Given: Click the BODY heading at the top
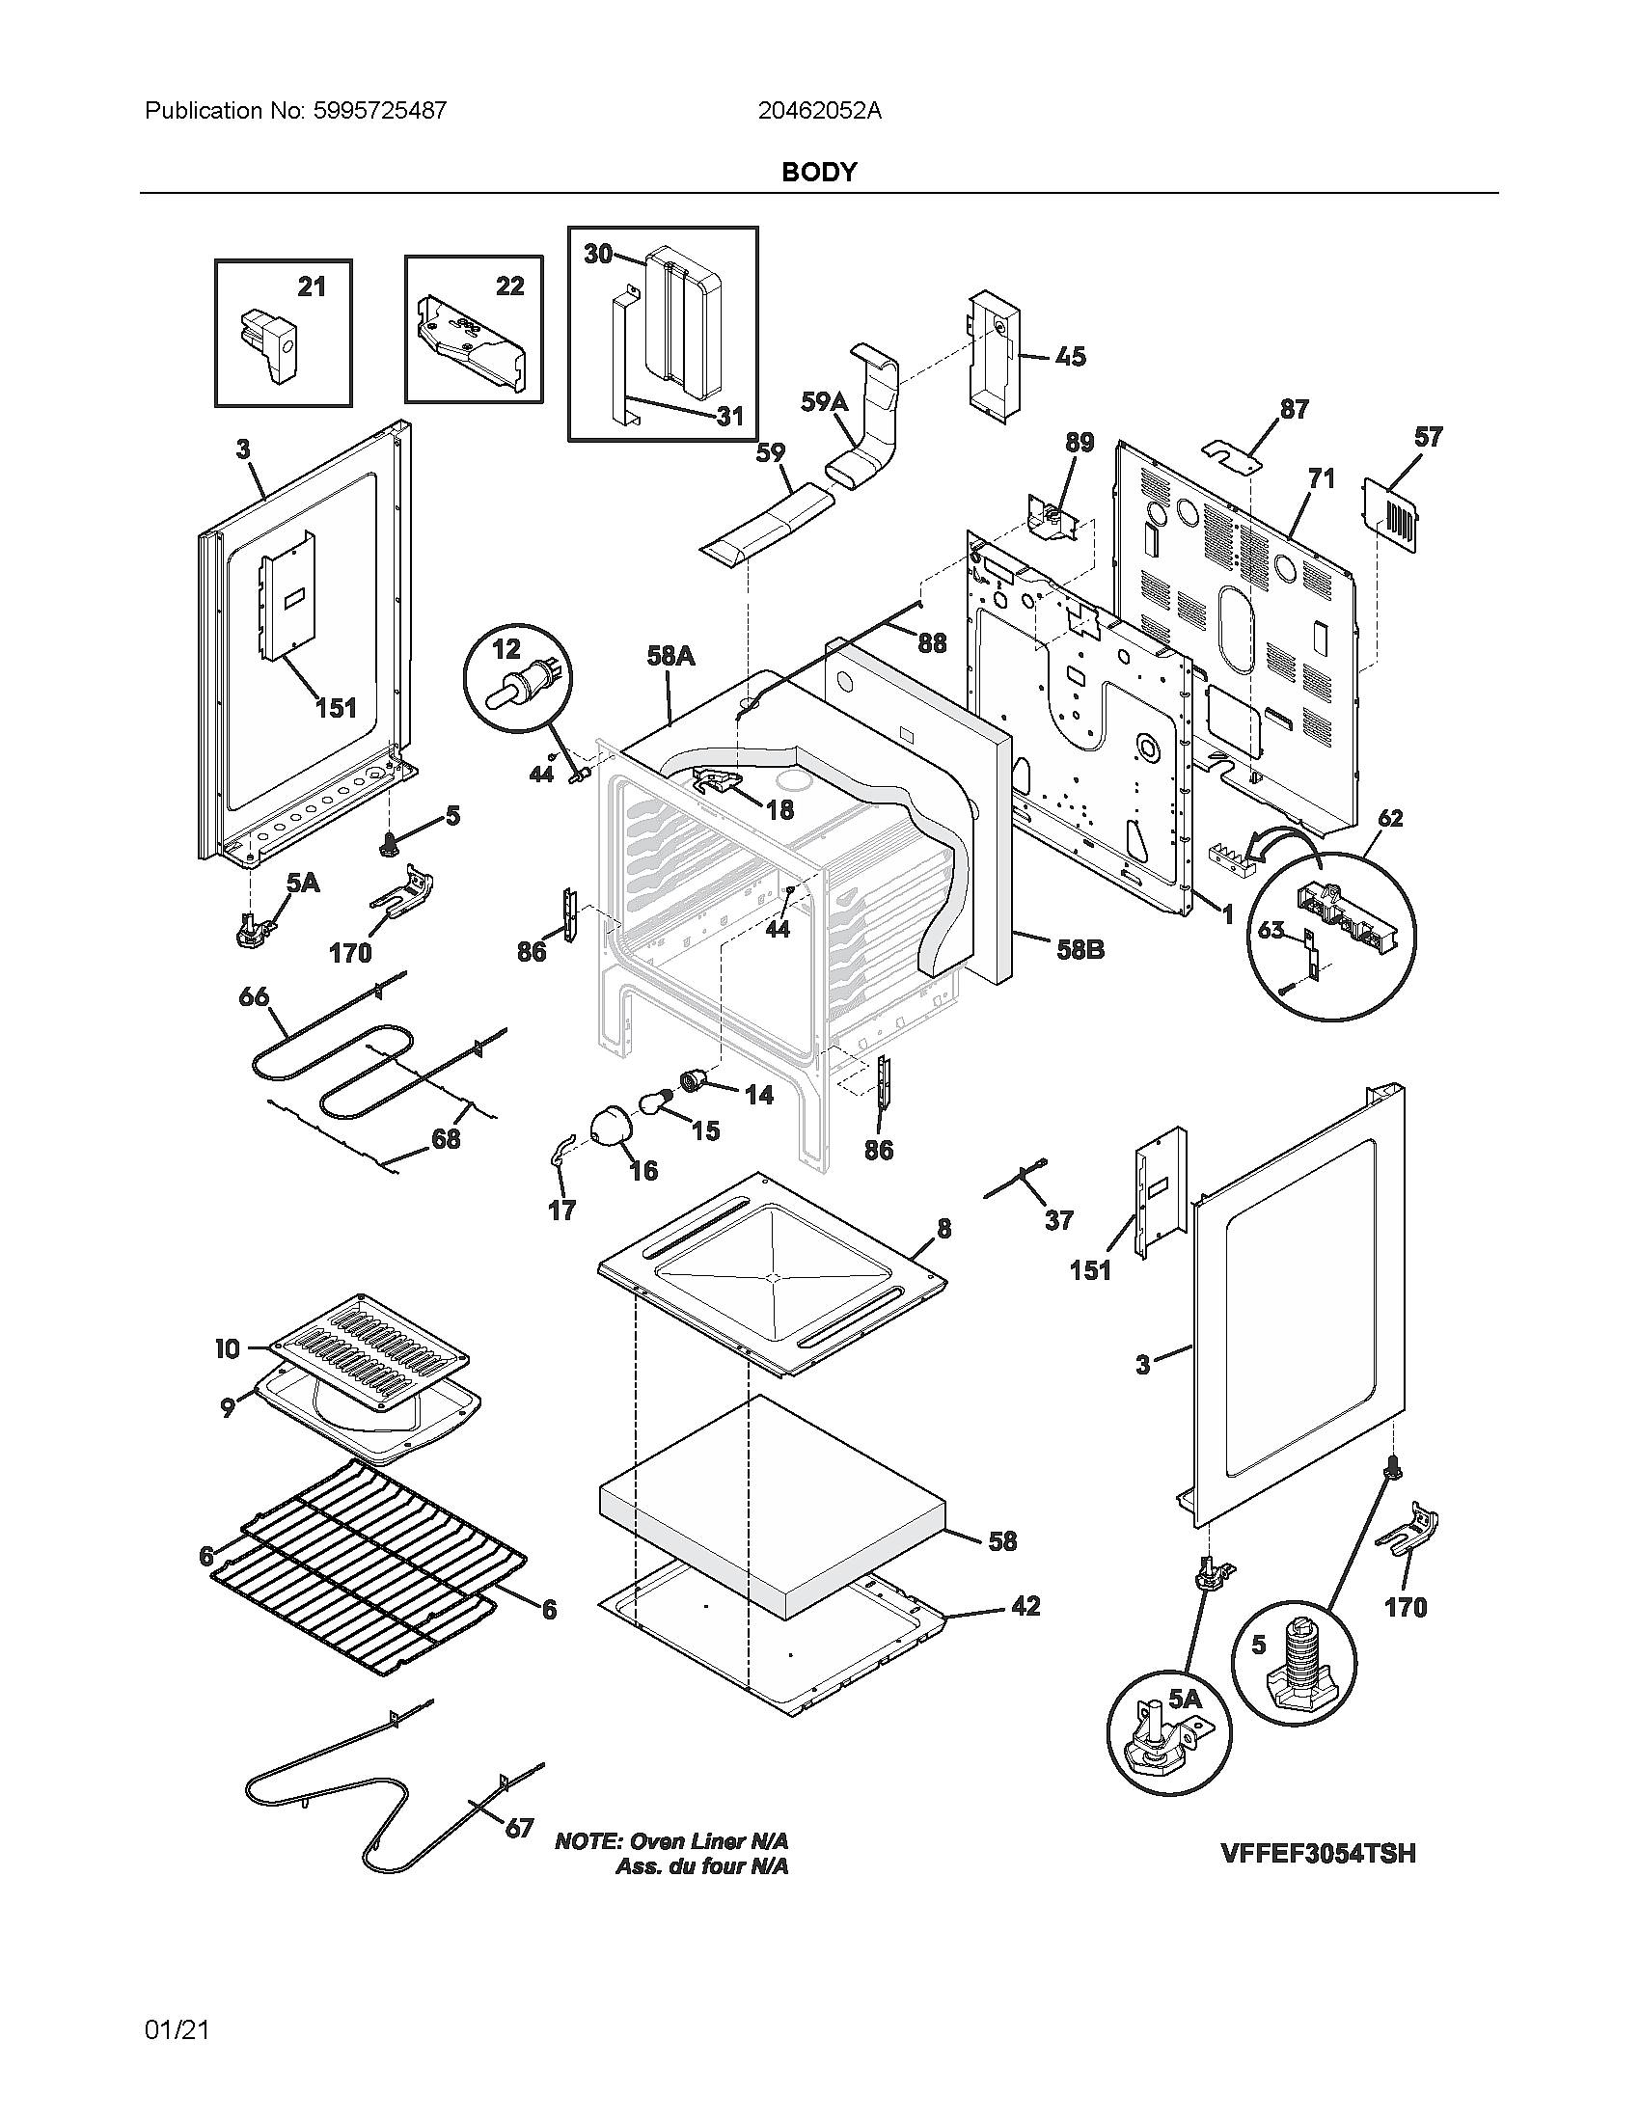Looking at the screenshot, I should [818, 172].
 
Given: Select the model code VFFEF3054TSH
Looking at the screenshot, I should [1318, 1853].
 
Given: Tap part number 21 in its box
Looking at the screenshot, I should [311, 286].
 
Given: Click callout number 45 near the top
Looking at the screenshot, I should [1070, 357].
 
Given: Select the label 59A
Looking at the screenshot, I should [824, 401].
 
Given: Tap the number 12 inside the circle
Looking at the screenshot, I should [506, 648].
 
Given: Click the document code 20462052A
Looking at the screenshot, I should [819, 111].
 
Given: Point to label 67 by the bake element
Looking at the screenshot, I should [519, 1829].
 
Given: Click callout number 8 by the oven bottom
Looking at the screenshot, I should [943, 1229].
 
